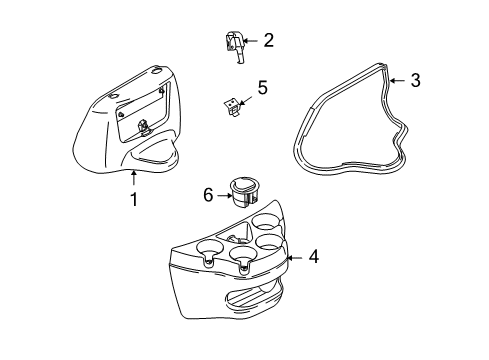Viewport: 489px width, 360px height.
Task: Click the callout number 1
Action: coord(134,200)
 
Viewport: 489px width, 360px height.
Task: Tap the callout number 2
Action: coord(268,40)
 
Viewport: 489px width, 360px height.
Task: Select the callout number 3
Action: coord(415,80)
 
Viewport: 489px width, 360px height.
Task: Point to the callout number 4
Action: coord(313,257)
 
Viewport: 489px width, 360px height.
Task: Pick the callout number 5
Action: coord(263,88)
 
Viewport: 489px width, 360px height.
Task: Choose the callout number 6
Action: coord(208,195)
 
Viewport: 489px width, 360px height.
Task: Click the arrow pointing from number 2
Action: coord(250,41)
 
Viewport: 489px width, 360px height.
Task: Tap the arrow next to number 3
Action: coord(397,81)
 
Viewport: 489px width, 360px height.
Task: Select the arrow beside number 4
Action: coord(295,258)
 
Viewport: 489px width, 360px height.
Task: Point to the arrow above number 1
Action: coord(134,177)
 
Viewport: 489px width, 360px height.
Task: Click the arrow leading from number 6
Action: coord(224,195)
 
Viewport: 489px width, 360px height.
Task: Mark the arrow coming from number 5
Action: coord(245,100)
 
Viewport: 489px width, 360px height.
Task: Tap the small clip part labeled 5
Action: coord(232,107)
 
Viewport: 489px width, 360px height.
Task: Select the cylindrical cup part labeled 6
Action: coord(243,193)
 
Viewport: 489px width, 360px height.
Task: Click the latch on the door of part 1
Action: coord(144,127)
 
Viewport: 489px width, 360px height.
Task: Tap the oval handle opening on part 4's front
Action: coord(254,295)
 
